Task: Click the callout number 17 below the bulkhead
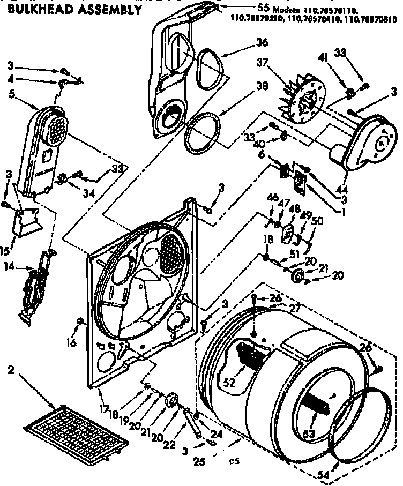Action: (103, 410)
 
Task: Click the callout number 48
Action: (293, 210)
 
